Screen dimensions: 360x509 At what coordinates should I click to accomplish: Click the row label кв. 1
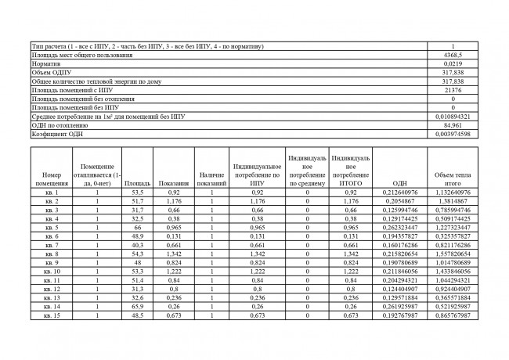pos(52,192)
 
